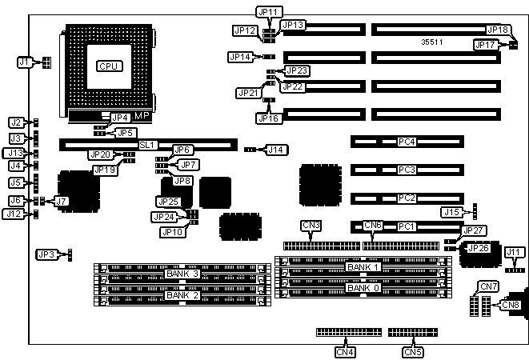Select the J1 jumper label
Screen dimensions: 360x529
pyautogui.click(x=26, y=62)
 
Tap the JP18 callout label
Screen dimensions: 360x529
pyautogui.click(x=498, y=30)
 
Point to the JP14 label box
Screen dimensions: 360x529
pyautogui.click(x=240, y=57)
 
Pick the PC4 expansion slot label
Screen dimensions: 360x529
pyautogui.click(x=407, y=142)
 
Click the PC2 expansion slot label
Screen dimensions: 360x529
pyautogui.click(x=407, y=198)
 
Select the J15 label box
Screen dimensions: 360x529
pyautogui.click(x=452, y=212)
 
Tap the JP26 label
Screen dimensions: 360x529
pyautogui.click(x=479, y=248)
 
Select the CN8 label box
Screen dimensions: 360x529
pyautogui.click(x=510, y=304)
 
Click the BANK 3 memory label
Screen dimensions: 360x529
pyautogui.click(x=182, y=274)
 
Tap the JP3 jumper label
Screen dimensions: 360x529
pyautogui.click(x=47, y=254)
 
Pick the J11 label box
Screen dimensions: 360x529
pyautogui.click(x=515, y=253)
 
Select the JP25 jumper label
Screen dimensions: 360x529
pyautogui.click(x=169, y=202)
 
